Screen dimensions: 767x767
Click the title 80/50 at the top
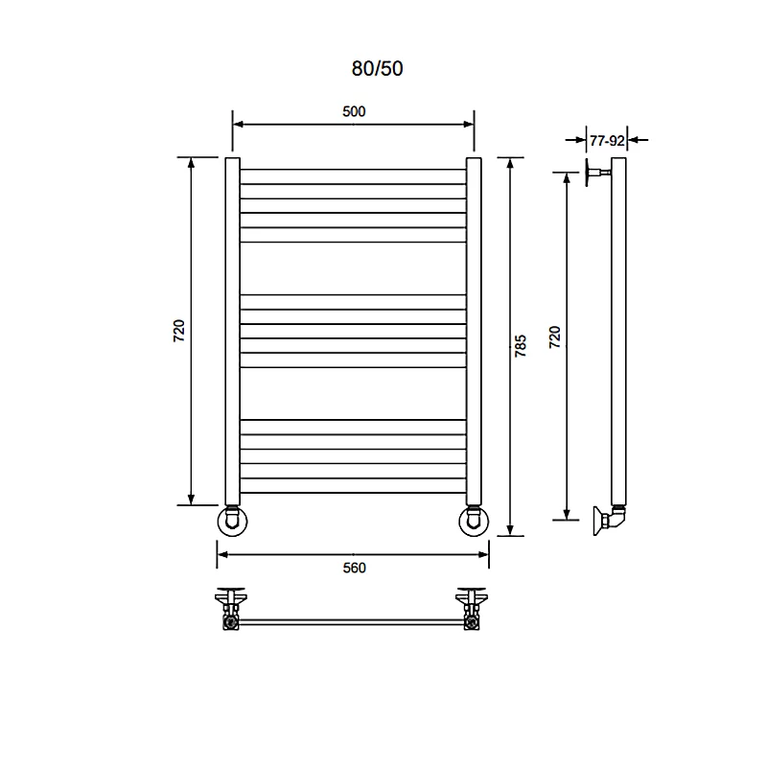377,68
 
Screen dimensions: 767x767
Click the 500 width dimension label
354,111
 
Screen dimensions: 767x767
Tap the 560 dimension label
354,568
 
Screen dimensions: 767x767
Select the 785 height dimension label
521,346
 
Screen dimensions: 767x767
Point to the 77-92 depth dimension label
607,141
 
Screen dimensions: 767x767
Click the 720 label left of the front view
179,331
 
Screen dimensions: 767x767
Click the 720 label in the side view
555,337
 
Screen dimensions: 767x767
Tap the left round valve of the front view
232,521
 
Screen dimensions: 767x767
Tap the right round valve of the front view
474,521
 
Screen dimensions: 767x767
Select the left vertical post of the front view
232,331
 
